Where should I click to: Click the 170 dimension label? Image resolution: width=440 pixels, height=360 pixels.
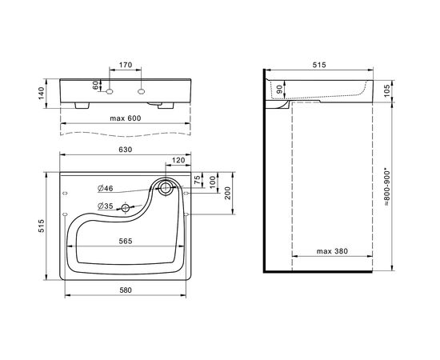click(126, 65)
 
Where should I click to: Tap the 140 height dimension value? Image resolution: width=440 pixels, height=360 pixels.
click(42, 94)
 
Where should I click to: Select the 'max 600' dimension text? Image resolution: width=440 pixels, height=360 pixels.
click(126, 118)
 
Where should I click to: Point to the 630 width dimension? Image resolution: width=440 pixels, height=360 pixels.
click(125, 150)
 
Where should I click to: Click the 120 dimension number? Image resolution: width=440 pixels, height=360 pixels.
click(178, 160)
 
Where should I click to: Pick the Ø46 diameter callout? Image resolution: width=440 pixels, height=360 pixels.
click(106, 188)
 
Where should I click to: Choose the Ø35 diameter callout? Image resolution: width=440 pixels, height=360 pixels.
click(106, 206)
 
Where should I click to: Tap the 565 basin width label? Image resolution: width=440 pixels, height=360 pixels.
click(126, 242)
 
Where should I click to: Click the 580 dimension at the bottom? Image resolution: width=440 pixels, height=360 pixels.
click(126, 290)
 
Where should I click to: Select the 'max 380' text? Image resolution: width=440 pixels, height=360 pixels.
click(332, 251)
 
